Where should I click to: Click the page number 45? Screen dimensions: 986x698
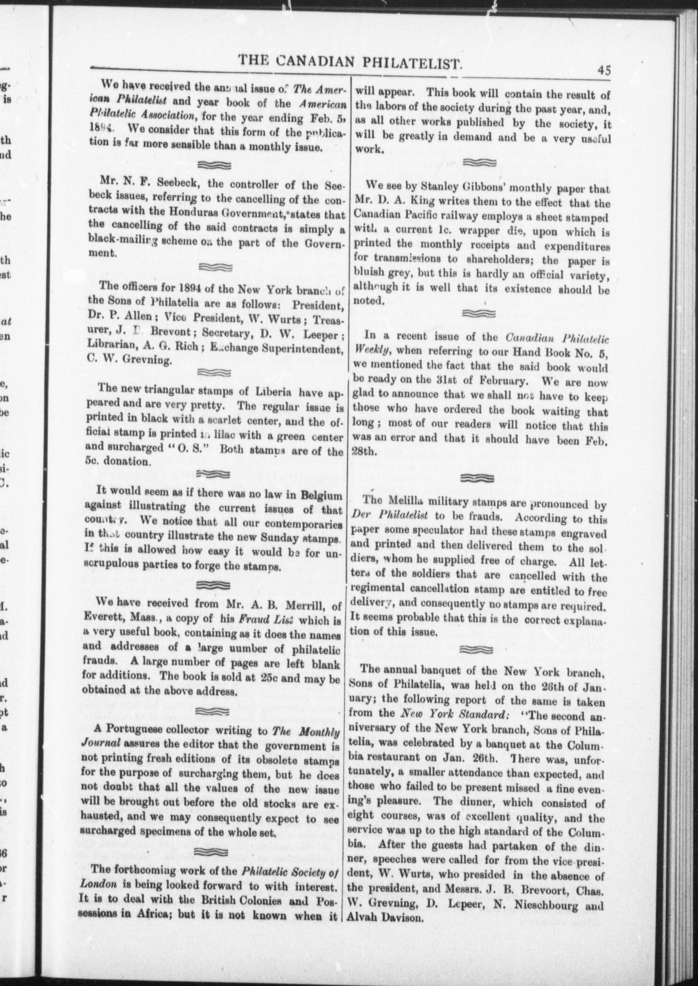point(603,71)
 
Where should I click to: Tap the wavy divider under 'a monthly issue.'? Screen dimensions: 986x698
point(214,165)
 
